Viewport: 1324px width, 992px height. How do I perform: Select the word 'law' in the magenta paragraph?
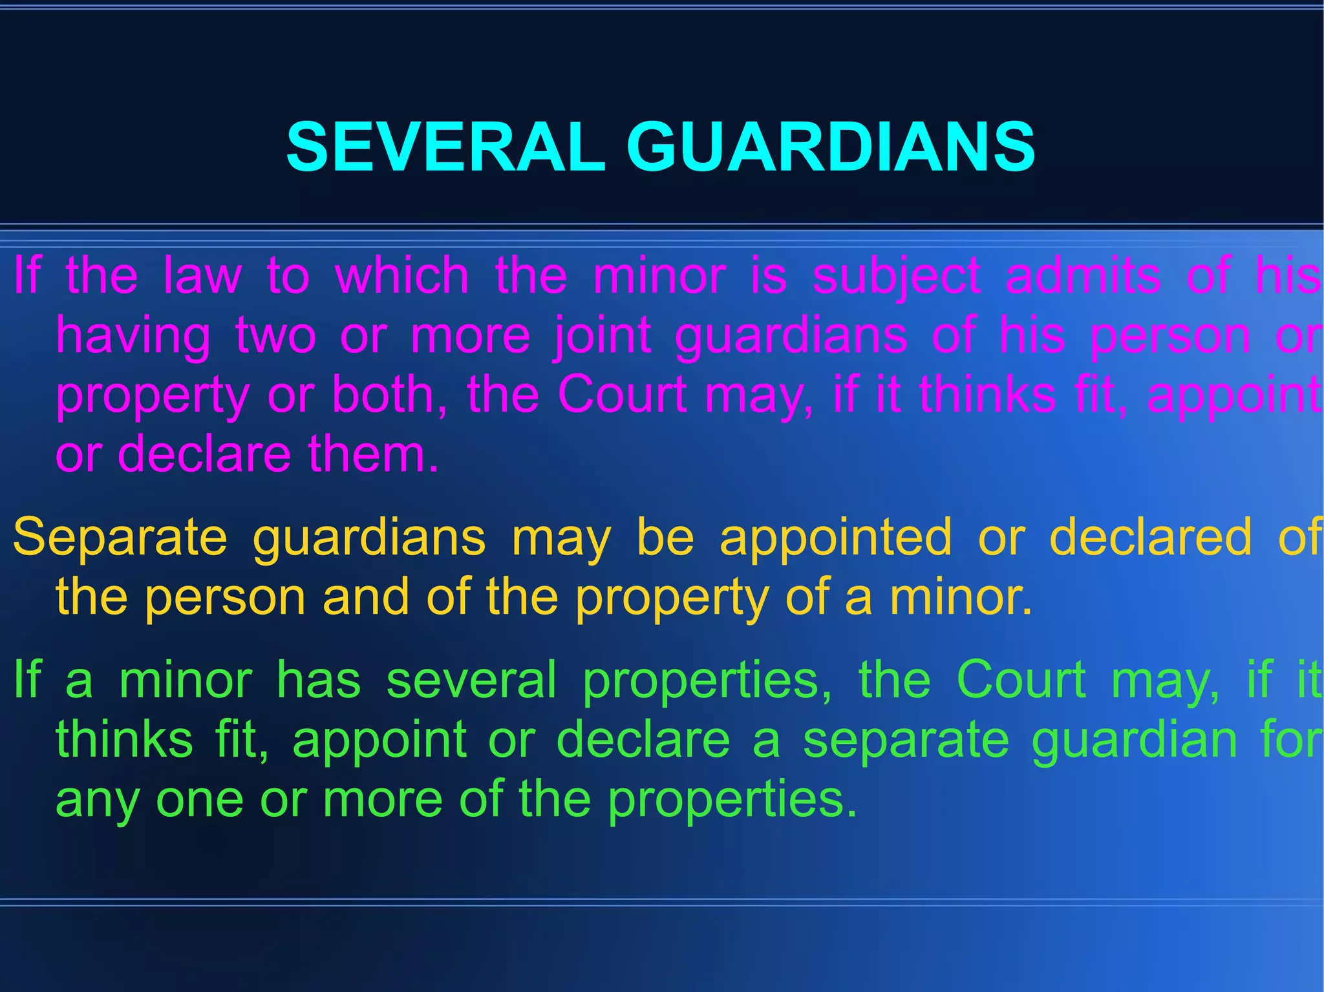click(x=202, y=276)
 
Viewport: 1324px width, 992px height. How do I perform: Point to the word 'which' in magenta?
click(x=401, y=276)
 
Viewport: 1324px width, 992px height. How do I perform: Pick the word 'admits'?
click(x=1083, y=276)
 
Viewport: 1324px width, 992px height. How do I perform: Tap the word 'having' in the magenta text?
click(x=133, y=337)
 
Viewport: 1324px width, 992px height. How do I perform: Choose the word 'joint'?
click(x=602, y=337)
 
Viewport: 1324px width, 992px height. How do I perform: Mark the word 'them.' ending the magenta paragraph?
click(x=373, y=454)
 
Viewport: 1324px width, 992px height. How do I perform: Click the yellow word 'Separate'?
click(x=120, y=538)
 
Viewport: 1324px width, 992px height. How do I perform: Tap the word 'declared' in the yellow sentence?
click(x=1150, y=538)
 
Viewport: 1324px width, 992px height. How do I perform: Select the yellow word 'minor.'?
click(x=961, y=597)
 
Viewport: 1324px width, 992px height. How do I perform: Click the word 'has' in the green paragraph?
click(x=319, y=680)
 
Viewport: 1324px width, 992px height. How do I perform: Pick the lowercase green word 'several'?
click(x=471, y=680)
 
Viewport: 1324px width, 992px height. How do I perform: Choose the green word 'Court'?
click(x=1021, y=680)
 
